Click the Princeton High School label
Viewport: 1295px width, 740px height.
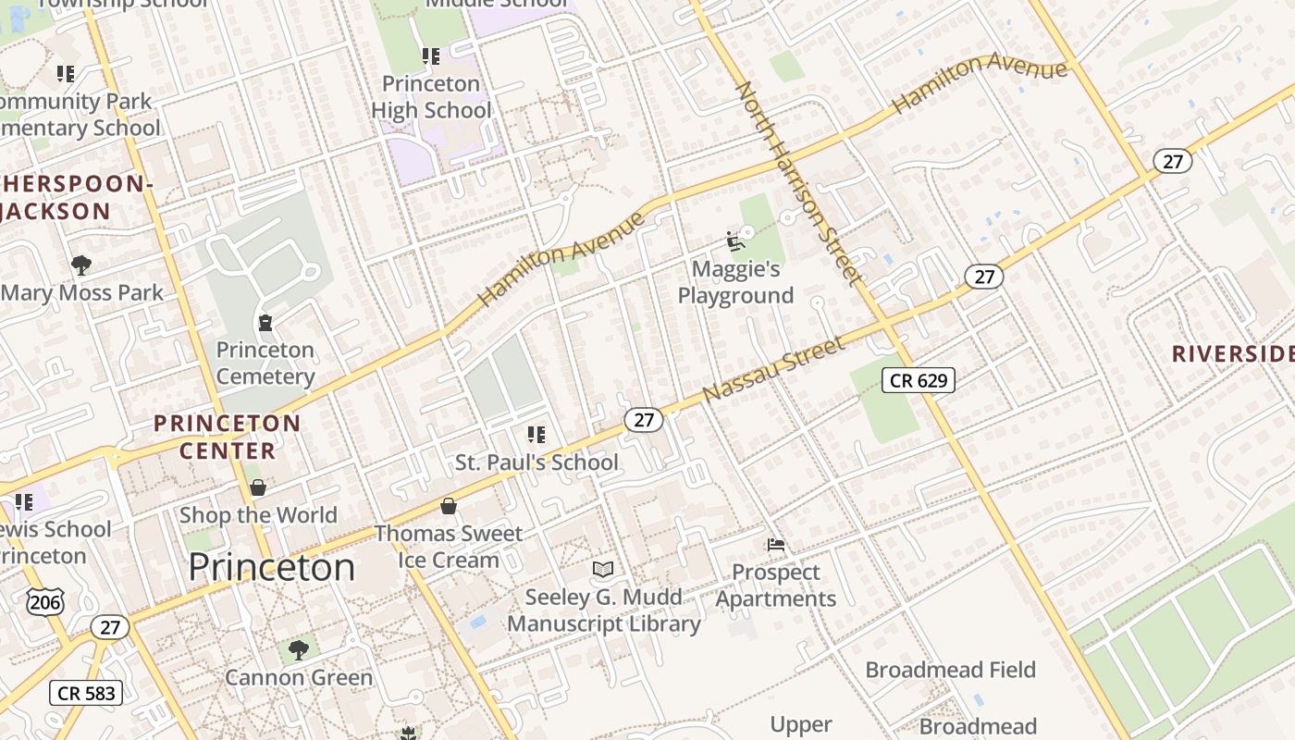click(431, 97)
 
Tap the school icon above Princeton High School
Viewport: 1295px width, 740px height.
click(431, 56)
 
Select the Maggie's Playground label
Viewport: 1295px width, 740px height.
click(736, 282)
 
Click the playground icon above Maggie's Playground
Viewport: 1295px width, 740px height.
click(736, 241)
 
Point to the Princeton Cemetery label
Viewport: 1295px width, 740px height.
click(265, 364)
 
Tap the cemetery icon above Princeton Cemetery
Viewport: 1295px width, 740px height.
click(265, 323)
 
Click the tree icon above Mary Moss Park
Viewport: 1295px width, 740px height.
click(81, 265)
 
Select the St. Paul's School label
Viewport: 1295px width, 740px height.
click(536, 462)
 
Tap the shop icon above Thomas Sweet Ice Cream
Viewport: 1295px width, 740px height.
click(449, 506)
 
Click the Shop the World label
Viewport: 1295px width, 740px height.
click(258, 515)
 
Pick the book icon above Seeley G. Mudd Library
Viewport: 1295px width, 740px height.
click(603, 569)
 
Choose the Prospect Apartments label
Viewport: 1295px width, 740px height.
click(775, 586)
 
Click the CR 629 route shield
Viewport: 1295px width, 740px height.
click(918, 379)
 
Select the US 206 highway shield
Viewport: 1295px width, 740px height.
click(44, 602)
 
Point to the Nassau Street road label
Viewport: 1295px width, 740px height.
click(773, 369)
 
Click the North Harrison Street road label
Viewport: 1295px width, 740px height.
click(798, 183)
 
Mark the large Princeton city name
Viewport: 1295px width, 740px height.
click(271, 567)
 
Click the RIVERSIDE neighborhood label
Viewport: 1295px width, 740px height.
click(1232, 354)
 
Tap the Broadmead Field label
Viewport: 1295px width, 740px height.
click(950, 670)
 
